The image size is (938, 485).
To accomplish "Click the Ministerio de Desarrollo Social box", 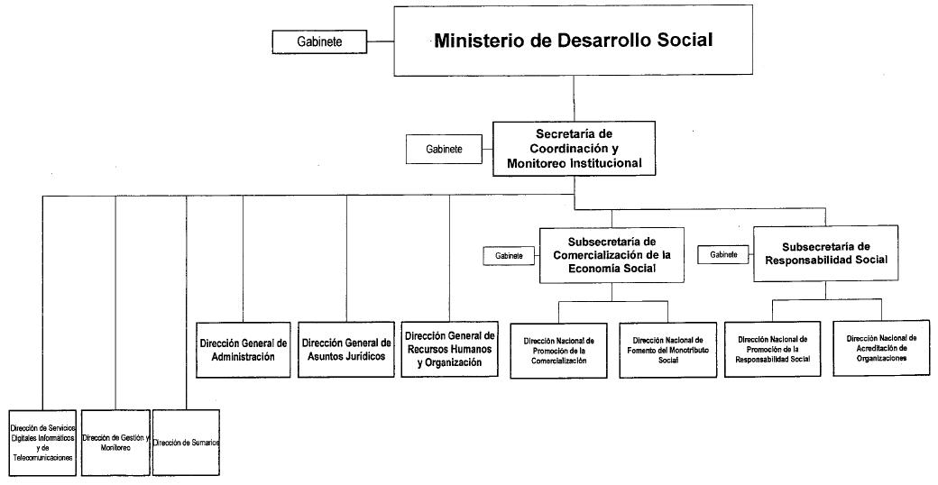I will (x=574, y=41).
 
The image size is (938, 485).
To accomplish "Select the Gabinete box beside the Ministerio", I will (x=319, y=41).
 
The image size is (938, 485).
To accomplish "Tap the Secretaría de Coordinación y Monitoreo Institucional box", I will (x=575, y=148).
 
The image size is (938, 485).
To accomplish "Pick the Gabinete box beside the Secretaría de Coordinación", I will (x=445, y=149).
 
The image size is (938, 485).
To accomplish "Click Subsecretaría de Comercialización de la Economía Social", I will (x=612, y=255).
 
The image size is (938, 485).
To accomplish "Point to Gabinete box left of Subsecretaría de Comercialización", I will (x=509, y=256).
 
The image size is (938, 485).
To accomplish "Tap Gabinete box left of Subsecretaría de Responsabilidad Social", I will (x=724, y=255).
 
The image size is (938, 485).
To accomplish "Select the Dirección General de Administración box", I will (x=244, y=349).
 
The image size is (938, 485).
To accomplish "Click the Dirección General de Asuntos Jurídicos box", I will (x=346, y=349).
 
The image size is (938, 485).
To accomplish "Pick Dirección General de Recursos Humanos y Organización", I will (x=449, y=349).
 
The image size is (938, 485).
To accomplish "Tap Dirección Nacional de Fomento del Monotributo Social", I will (x=667, y=350).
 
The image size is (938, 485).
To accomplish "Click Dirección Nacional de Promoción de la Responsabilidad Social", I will (x=773, y=348).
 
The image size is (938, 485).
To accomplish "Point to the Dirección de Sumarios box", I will (x=187, y=442).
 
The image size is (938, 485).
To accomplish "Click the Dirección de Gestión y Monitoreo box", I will (x=115, y=442).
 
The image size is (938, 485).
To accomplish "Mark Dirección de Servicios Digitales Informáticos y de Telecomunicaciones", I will (x=42, y=442).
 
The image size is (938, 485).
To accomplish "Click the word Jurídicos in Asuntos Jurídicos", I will (x=364, y=356).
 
